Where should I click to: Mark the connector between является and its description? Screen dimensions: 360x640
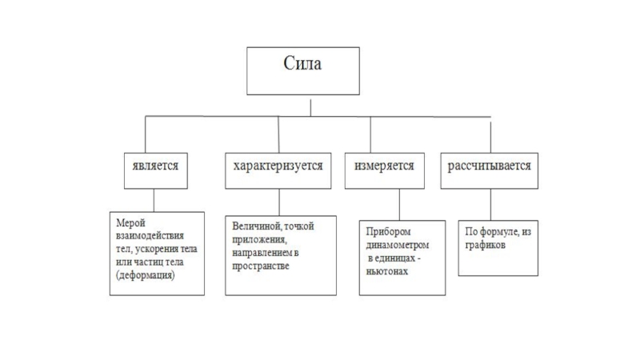154,199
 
